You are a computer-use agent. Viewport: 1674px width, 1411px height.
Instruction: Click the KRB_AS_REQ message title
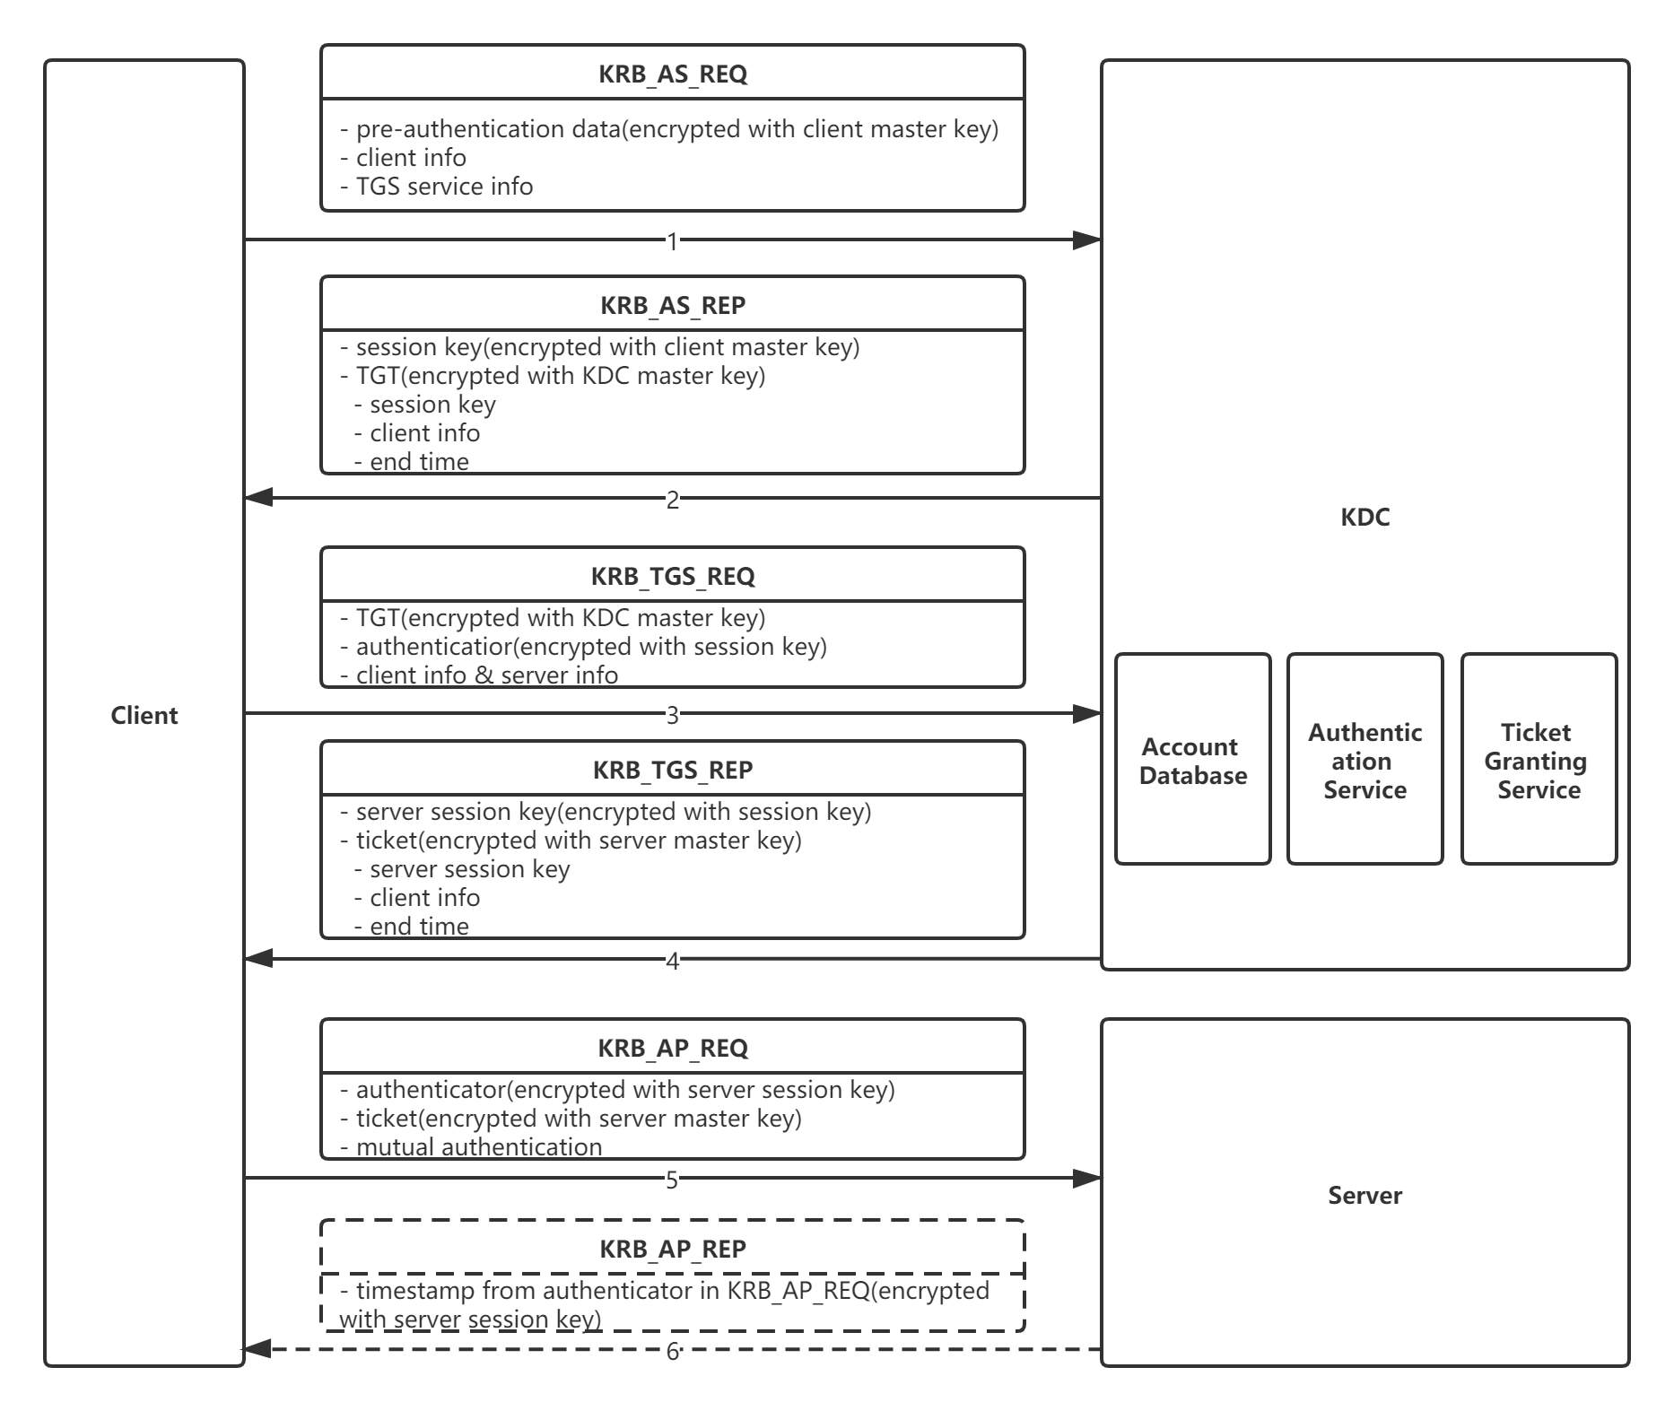point(673,74)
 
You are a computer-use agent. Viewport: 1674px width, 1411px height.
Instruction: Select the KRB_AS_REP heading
point(673,305)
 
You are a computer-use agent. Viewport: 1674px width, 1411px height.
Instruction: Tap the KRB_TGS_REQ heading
point(673,576)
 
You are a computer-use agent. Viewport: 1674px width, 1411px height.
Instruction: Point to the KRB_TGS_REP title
point(673,770)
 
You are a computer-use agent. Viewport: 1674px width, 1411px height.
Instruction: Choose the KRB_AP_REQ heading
point(673,1048)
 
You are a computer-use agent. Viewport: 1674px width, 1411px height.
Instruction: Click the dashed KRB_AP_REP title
point(673,1249)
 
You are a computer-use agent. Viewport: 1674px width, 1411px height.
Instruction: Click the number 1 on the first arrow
point(673,240)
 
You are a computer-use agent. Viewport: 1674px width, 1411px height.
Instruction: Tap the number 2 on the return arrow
point(673,500)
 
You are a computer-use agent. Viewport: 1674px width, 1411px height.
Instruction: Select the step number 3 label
point(673,715)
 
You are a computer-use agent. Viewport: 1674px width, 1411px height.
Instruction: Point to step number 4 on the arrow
point(673,962)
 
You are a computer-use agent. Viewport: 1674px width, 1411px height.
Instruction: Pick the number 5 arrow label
point(673,1180)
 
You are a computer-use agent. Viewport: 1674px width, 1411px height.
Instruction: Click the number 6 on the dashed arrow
point(673,1351)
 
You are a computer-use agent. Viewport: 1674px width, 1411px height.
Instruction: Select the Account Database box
point(1193,760)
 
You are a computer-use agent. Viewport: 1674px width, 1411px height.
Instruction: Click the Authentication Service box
point(1365,760)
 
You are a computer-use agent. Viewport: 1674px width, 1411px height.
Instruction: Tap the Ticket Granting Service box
point(1539,760)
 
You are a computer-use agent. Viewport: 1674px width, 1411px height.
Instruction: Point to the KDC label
point(1365,517)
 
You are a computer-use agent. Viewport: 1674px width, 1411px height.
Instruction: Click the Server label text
point(1365,1195)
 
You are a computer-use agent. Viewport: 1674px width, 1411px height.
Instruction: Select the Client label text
point(144,715)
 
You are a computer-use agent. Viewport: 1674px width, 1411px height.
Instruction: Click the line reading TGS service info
point(437,187)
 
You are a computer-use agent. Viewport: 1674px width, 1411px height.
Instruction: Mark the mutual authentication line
point(471,1146)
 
